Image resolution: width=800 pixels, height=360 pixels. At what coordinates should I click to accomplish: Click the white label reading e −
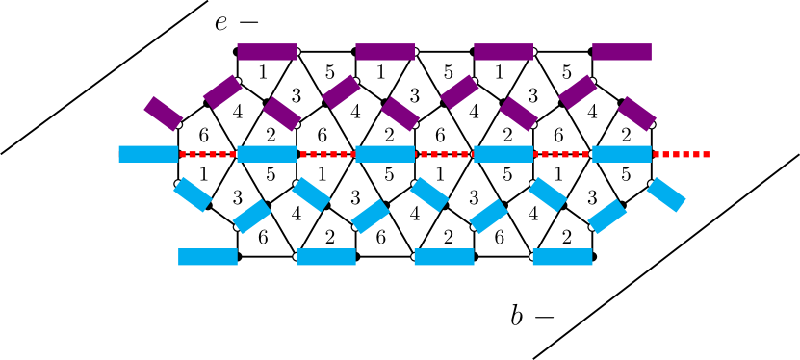click(237, 22)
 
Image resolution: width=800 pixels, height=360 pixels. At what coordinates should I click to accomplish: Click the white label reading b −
click(532, 316)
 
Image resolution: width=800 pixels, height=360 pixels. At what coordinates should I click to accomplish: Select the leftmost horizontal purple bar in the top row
click(267, 52)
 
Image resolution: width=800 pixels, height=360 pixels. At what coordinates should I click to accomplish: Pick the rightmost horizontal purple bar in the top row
click(622, 52)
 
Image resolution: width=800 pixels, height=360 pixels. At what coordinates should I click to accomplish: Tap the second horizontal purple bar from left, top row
click(385, 52)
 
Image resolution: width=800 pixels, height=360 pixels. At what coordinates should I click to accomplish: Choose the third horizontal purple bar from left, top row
click(503, 52)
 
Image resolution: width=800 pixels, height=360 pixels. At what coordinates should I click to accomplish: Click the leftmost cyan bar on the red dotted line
click(148, 154)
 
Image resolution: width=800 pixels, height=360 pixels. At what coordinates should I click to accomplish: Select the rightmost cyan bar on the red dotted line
click(622, 154)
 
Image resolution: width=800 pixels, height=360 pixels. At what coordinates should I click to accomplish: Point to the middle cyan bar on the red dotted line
click(385, 154)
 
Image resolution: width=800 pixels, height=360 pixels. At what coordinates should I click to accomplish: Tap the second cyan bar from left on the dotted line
click(267, 154)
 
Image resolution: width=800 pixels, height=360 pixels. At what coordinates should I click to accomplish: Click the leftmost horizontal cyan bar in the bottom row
click(208, 257)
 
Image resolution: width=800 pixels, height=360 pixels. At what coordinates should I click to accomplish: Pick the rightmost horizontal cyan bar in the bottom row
click(562, 257)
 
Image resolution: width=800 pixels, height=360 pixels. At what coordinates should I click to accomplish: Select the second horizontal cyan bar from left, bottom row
click(326, 257)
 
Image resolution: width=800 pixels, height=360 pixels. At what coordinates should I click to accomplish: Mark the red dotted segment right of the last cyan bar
click(681, 154)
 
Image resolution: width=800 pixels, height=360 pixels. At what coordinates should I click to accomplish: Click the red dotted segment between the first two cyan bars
click(207, 154)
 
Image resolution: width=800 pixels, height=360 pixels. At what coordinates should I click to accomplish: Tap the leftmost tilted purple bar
click(164, 114)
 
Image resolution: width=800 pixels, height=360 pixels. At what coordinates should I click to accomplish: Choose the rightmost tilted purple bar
click(636, 114)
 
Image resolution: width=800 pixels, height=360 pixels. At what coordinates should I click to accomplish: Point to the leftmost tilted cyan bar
click(193, 194)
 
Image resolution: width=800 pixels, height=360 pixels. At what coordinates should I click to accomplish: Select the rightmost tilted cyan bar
click(666, 194)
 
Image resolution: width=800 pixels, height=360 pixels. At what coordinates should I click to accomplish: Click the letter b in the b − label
click(517, 316)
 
